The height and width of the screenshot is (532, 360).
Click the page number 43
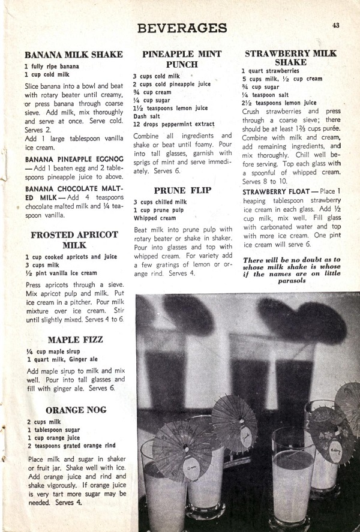coord(335,25)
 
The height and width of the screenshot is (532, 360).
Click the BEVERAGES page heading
coord(182,28)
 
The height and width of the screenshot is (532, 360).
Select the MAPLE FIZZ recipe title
coord(74,339)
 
